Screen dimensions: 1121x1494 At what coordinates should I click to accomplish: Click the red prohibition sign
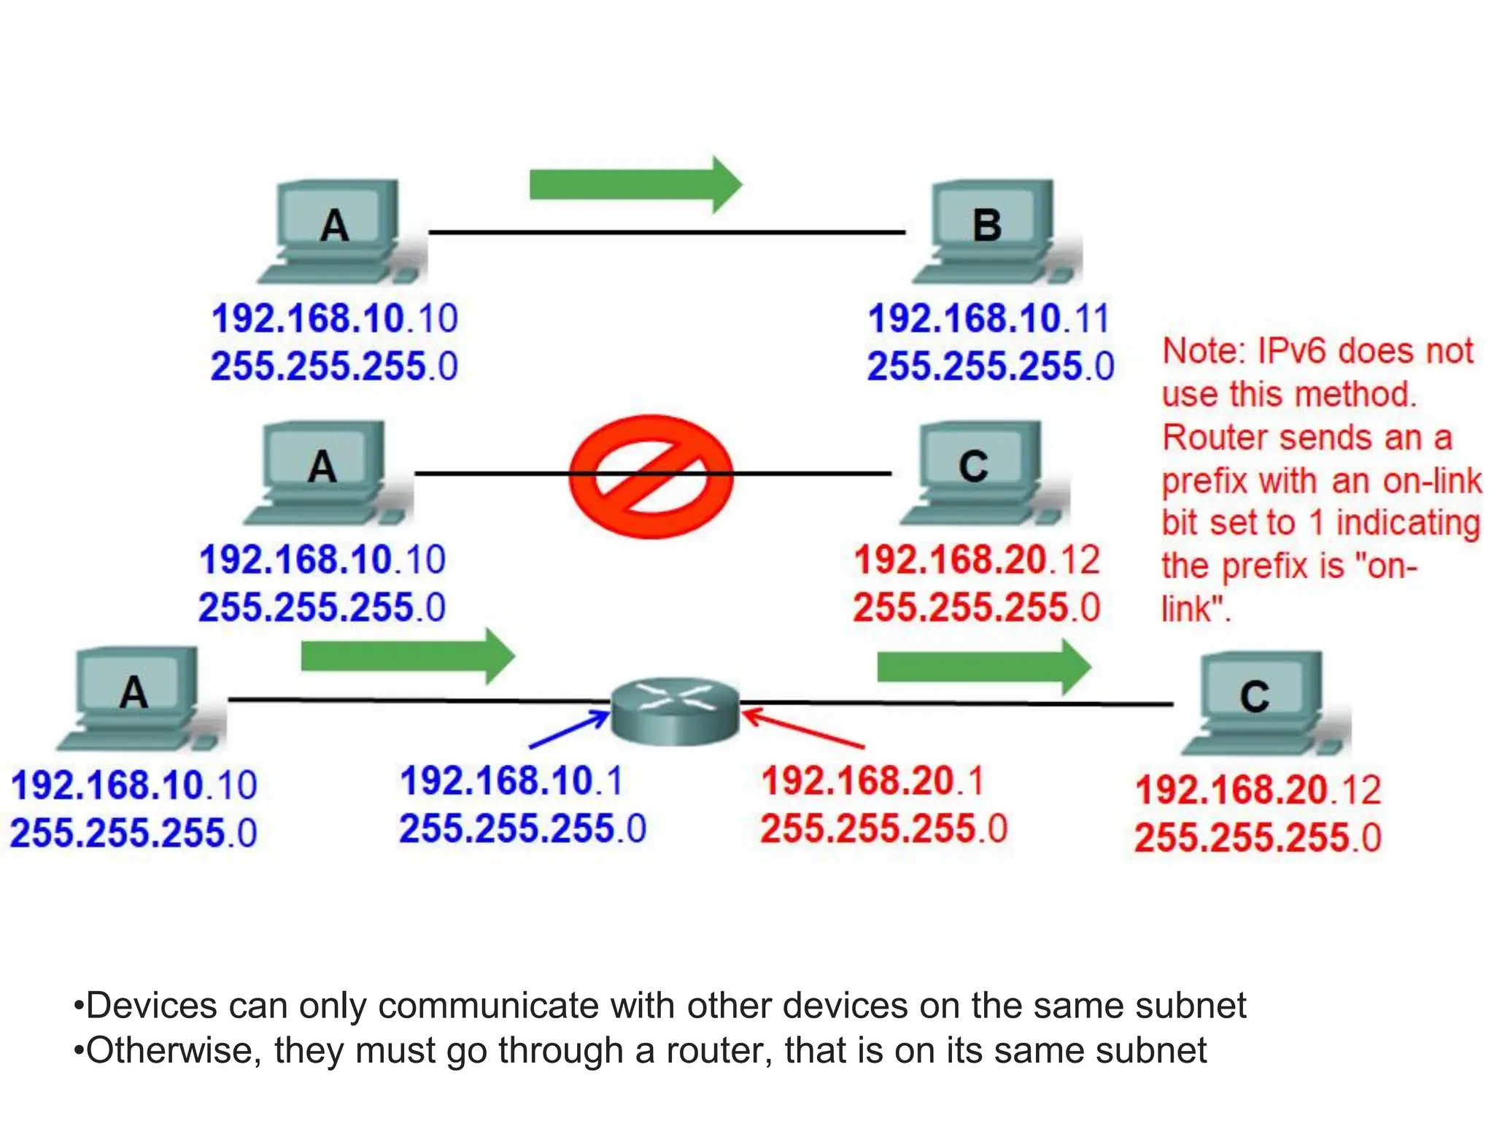tap(651, 477)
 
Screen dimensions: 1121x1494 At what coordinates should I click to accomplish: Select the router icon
tap(675, 712)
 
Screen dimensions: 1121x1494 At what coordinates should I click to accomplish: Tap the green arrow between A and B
tap(635, 185)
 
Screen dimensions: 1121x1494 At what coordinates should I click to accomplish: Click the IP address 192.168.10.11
tap(988, 319)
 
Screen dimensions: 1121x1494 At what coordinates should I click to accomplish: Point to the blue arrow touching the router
tap(569, 730)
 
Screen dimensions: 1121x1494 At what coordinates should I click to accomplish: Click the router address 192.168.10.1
tap(511, 781)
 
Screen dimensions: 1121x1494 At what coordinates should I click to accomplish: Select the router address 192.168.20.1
tap(872, 781)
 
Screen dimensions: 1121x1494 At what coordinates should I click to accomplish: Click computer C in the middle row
tap(978, 471)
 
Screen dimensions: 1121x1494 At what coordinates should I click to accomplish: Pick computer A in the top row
tap(336, 230)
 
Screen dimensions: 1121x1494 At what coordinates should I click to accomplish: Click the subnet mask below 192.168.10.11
tap(990, 366)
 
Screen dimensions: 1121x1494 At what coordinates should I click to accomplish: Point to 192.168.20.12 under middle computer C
tap(976, 560)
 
